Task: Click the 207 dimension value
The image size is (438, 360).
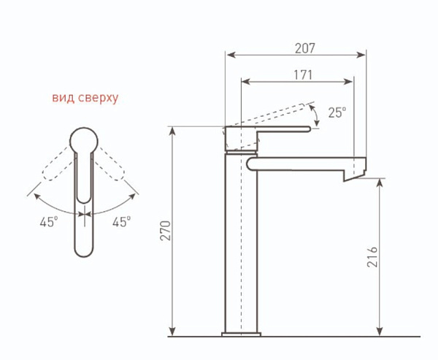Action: click(304, 48)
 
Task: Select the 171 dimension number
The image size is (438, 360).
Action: click(303, 75)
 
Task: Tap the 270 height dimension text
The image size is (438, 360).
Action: click(165, 231)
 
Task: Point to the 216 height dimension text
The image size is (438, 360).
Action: click(372, 257)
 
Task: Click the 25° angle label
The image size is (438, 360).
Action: click(337, 112)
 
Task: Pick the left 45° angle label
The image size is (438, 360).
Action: click(49, 222)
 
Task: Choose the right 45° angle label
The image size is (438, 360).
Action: click(121, 222)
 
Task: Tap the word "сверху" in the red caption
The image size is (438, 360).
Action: click(99, 99)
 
